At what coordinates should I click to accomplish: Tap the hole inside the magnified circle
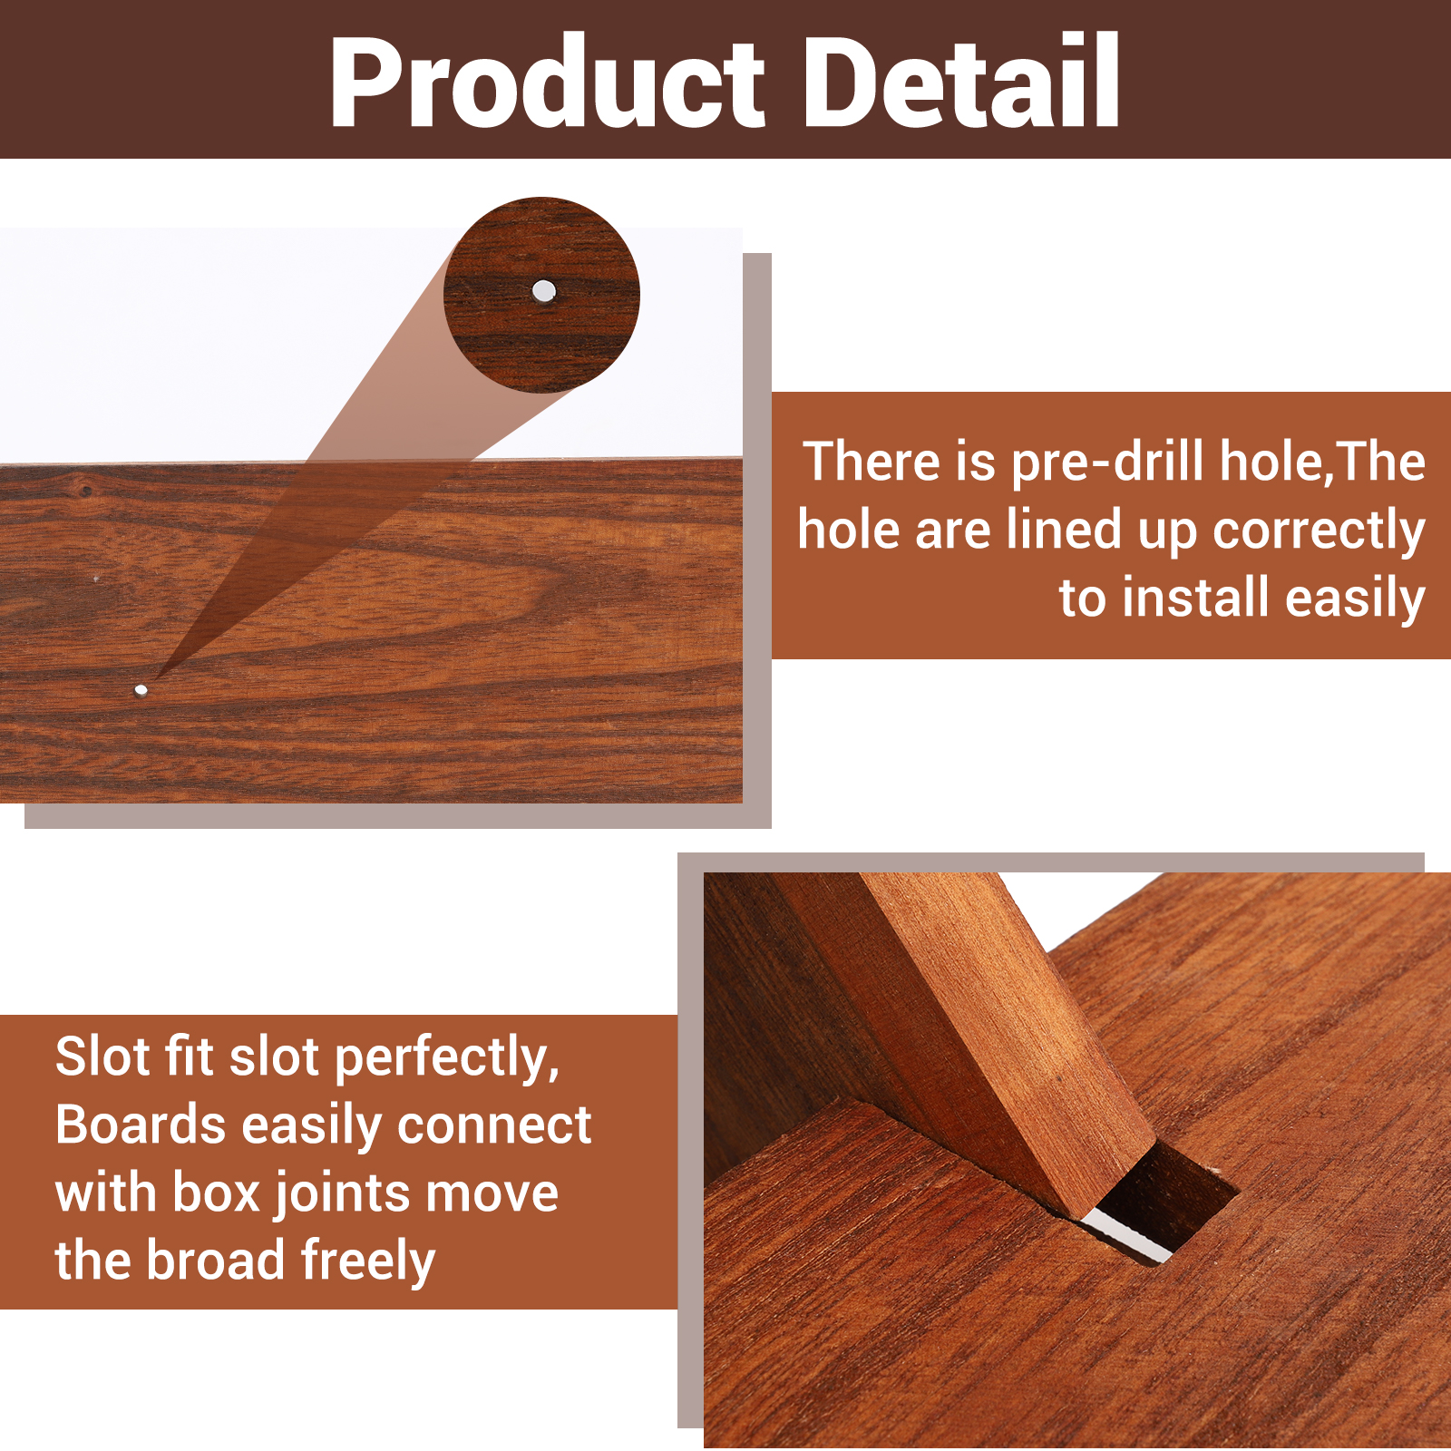544,290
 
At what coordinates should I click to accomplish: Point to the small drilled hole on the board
141,690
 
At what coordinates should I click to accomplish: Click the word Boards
141,1125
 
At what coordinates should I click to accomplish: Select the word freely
368,1262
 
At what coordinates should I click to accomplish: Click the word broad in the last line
217,1261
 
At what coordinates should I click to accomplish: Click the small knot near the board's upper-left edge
85,491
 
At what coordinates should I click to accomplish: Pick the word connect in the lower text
494,1127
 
